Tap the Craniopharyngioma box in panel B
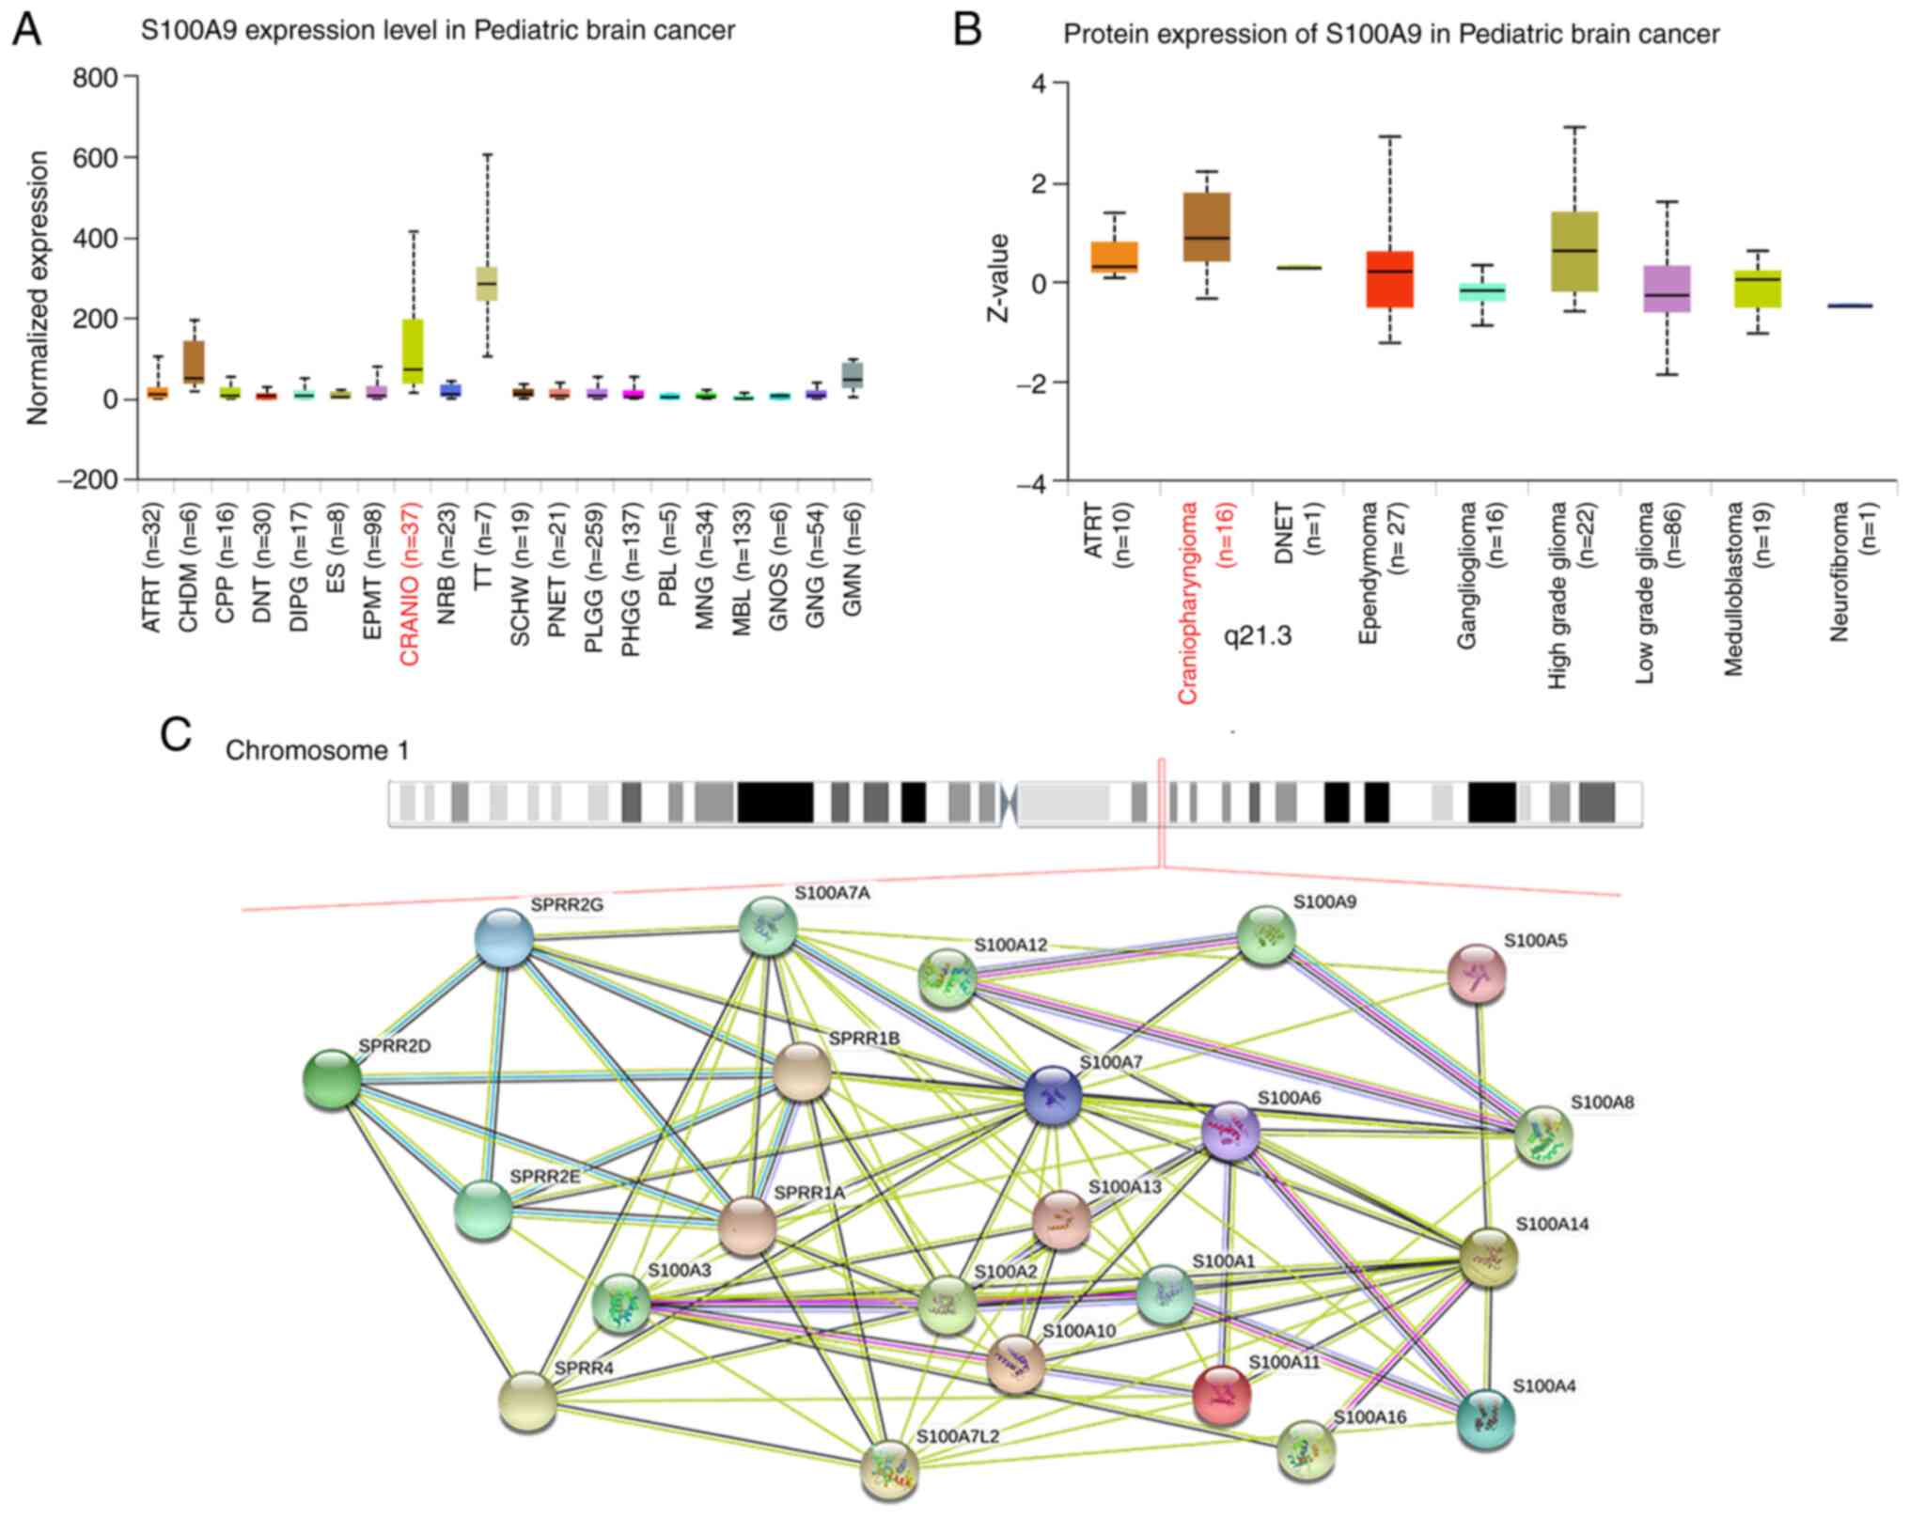pyautogui.click(x=1207, y=240)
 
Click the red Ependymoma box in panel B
pyautogui.click(x=1389, y=279)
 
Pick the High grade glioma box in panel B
pyautogui.click(x=1573, y=251)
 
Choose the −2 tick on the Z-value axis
pyautogui.click(x=1041, y=383)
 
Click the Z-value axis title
pyautogui.click(x=997, y=278)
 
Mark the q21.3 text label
pyautogui.click(x=1257, y=636)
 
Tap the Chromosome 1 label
pyautogui.click(x=317, y=751)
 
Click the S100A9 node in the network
pyautogui.click(x=1266, y=935)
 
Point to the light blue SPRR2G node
pyautogui.click(x=505, y=938)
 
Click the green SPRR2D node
pyautogui.click(x=332, y=1078)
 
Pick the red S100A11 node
pyautogui.click(x=1221, y=1394)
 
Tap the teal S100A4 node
pyautogui.click(x=1485, y=1418)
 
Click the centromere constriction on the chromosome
pyautogui.click(x=1010, y=805)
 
